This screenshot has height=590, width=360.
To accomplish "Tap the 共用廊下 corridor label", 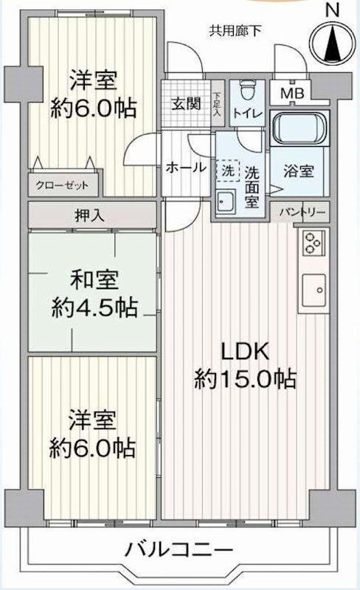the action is pos(235,31).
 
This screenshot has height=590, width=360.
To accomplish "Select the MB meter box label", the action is pos(292,93).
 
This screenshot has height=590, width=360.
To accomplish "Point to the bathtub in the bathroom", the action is pos(300,129).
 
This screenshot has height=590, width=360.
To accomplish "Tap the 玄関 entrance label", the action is pos(186,103).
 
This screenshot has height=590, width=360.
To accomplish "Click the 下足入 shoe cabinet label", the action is pos(218,105).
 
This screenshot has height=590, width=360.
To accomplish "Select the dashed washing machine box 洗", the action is pos(228,171).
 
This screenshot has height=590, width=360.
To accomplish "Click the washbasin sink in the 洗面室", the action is pos(226,202).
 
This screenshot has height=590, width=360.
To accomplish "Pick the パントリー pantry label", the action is pos(302,212).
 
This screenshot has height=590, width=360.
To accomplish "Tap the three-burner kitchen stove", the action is pos(314,243).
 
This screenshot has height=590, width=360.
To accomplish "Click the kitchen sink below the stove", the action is pos(314,290).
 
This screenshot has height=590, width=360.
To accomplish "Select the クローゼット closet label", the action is pos(62,185).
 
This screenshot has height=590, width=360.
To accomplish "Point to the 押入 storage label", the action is pos(89,215).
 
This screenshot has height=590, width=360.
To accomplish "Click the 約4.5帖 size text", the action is pos(94,308).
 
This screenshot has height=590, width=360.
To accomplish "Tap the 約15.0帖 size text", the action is pos(246,379).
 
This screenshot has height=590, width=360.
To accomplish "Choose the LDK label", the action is pos(245,352).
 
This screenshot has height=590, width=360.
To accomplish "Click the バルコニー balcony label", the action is pos(179,550).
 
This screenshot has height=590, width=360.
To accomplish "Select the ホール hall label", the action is pos(186,167).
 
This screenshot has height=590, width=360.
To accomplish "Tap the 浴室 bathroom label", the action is pos(299,171).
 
